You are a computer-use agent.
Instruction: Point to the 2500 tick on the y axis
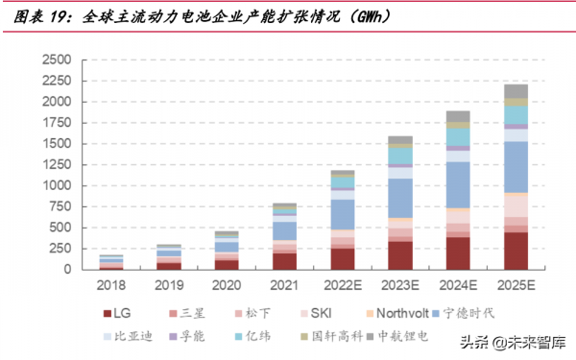[58, 60]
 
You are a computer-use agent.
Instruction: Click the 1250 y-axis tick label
[58, 164]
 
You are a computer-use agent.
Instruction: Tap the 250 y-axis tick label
[61, 248]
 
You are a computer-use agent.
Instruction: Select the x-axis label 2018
[111, 285]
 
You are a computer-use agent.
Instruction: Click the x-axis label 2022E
[342, 285]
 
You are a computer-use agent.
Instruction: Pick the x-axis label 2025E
[516, 285]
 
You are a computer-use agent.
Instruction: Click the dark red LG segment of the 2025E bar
[516, 251]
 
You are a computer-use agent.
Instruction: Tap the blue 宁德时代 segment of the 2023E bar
[400, 198]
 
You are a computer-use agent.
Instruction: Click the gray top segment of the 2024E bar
[458, 116]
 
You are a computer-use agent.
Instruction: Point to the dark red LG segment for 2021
[284, 260]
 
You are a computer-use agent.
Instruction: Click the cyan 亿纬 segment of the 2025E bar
[516, 114]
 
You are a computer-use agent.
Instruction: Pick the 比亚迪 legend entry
[129, 336]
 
